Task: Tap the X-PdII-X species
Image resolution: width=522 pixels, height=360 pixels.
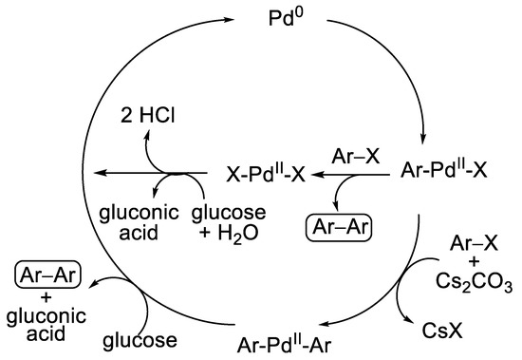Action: (275, 174)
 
